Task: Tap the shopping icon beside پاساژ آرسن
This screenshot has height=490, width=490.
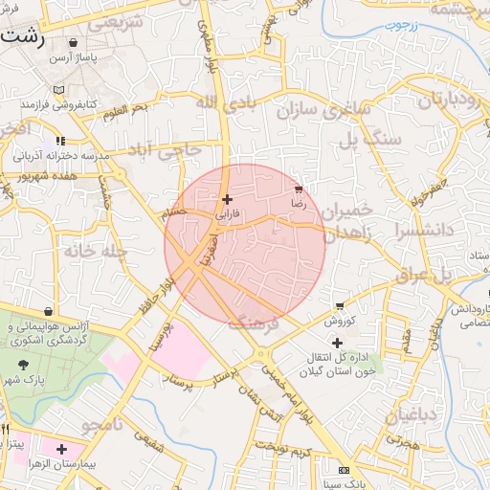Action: (75, 43)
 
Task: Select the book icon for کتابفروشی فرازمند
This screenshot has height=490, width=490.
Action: (59, 89)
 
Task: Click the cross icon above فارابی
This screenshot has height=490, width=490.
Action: (227, 200)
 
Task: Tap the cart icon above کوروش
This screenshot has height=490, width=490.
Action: (340, 306)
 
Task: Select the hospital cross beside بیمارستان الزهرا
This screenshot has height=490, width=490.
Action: (62, 448)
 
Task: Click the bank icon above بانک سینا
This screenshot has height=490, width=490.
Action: (344, 470)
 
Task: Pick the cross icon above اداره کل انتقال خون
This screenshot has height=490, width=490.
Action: (337, 343)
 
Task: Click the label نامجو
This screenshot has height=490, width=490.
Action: (102, 424)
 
